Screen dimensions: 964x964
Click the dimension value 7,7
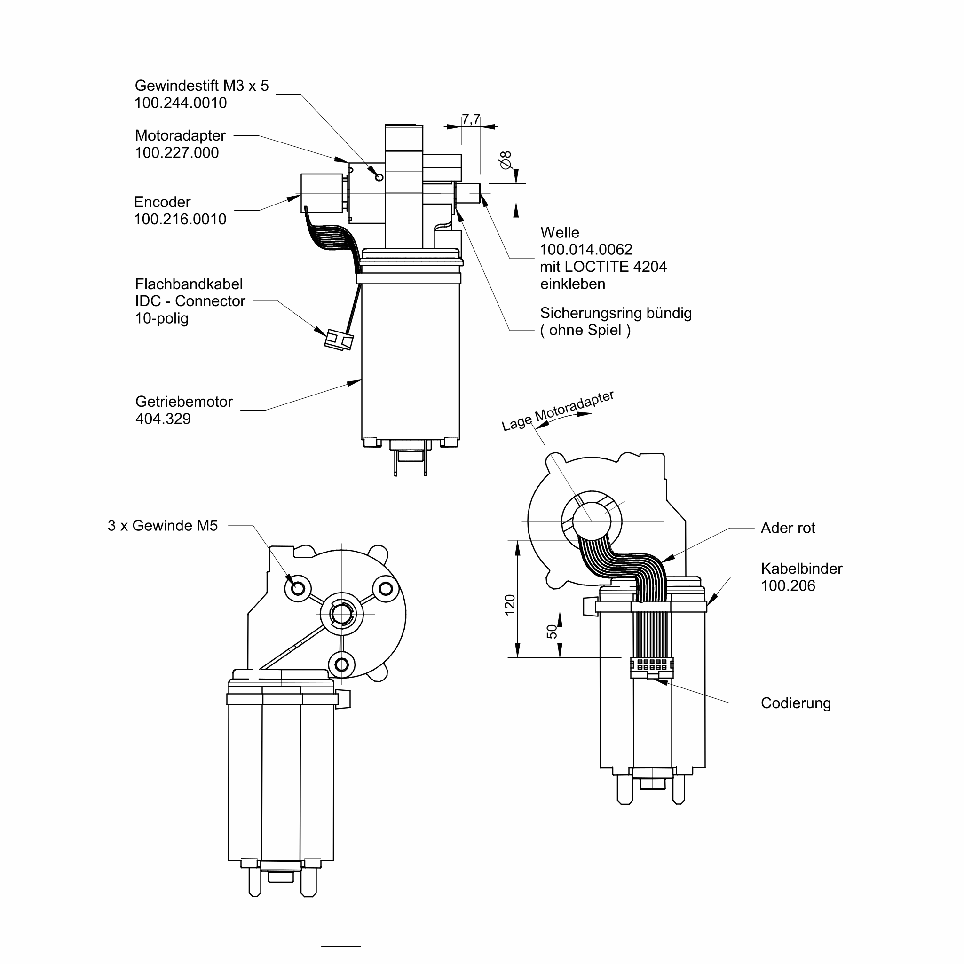coord(471,119)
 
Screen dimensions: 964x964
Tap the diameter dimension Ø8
coord(506,160)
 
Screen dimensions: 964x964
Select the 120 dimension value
coord(509,605)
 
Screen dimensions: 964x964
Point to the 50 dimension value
coord(552,632)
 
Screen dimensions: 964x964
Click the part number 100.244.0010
coord(181,103)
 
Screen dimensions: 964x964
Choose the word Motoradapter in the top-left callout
coord(180,135)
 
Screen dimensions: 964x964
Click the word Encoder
coord(162,202)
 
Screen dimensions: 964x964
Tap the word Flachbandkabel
coord(189,284)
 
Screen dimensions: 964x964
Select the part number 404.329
coord(163,419)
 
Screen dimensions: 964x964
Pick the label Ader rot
coord(788,528)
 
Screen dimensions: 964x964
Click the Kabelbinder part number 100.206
coord(788,586)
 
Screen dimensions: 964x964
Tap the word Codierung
coord(796,703)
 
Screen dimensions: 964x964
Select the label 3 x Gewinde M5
coord(163,525)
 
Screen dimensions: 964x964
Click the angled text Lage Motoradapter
coord(558,410)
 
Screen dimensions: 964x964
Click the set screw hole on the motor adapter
coord(379,177)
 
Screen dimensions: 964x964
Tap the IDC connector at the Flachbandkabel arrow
coord(340,340)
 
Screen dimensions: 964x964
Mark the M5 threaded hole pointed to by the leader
coord(298,588)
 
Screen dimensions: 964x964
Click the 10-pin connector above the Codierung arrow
coord(652,668)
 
